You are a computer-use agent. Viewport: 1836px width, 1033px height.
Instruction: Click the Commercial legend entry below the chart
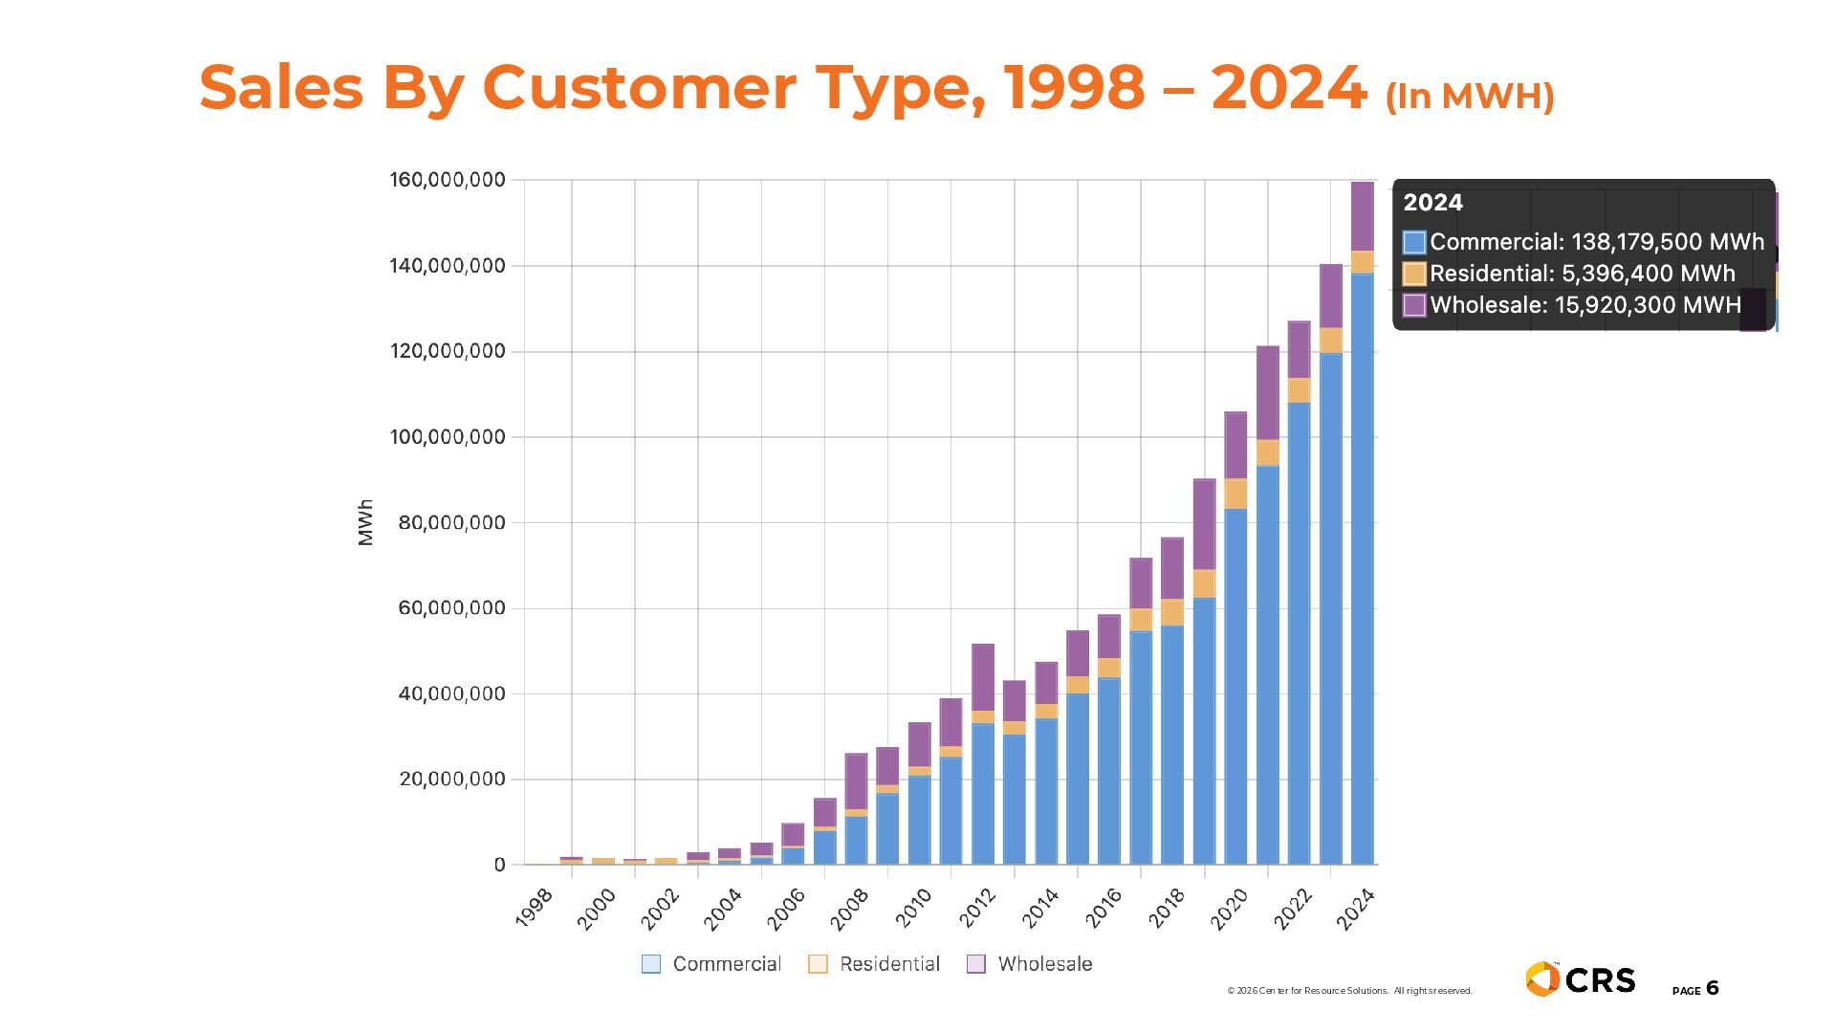[710, 964]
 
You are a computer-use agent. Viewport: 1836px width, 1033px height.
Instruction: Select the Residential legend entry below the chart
[874, 964]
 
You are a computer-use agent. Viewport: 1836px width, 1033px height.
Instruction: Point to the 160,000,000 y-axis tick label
[447, 180]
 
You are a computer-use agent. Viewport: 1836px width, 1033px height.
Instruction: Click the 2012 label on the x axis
[978, 908]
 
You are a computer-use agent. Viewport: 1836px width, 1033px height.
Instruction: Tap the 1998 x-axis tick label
[535, 908]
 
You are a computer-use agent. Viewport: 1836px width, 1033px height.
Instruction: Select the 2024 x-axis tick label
[1356, 908]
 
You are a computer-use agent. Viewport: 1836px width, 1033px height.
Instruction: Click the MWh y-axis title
[365, 522]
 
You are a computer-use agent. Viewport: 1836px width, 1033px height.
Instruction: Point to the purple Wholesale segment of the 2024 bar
[1363, 216]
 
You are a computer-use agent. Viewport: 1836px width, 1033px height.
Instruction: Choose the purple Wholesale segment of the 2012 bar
[983, 677]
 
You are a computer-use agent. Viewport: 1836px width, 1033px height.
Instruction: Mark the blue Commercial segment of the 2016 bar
[1109, 771]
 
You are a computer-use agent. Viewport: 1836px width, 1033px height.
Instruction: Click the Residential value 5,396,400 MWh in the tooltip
[1648, 274]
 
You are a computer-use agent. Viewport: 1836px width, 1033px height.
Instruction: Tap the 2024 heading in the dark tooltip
[1432, 203]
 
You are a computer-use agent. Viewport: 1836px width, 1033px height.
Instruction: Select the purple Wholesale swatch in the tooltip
[1413, 305]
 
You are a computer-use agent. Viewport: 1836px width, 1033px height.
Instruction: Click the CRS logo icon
[1541, 979]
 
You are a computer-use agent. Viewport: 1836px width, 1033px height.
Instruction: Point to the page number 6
[1712, 988]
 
